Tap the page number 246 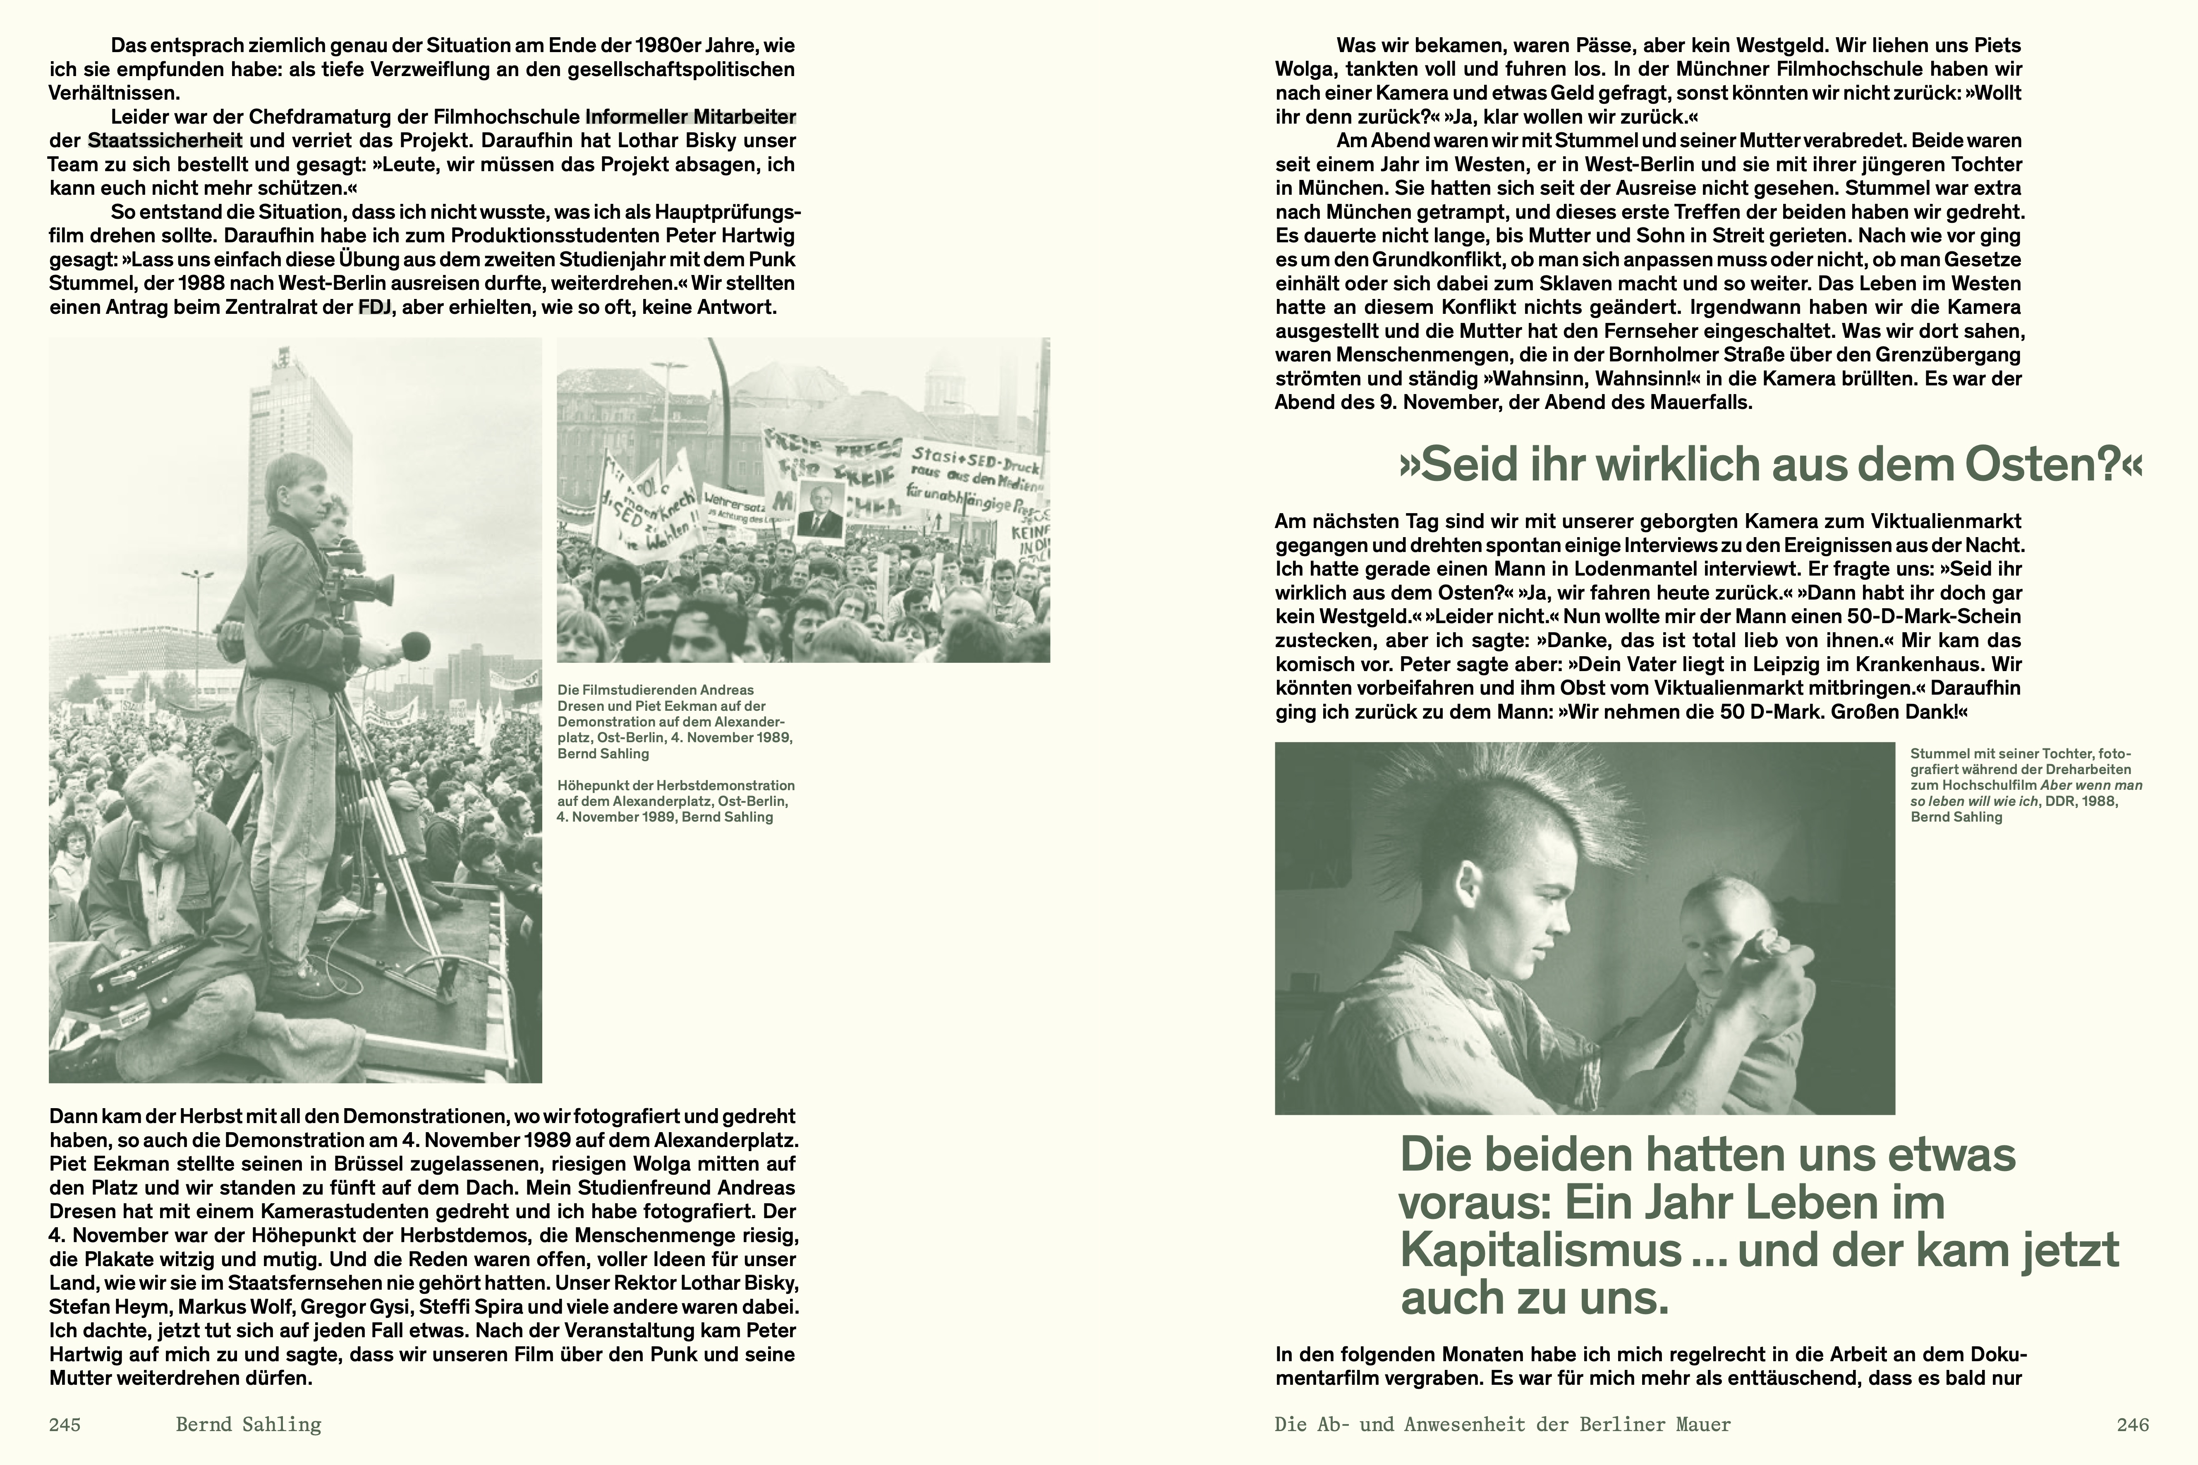2133,1425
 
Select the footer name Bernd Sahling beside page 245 249,1425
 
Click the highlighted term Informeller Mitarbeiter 691,117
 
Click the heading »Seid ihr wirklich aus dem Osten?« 1771,464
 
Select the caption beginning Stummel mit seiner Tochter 2025,785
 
